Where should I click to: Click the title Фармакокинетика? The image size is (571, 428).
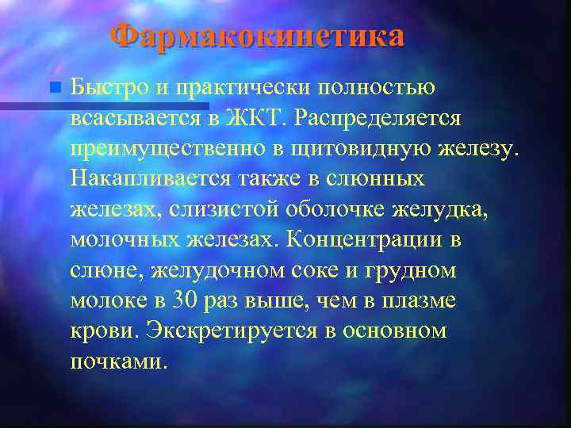pyautogui.click(x=256, y=36)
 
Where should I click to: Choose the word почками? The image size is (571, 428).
pyautogui.click(x=119, y=361)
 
